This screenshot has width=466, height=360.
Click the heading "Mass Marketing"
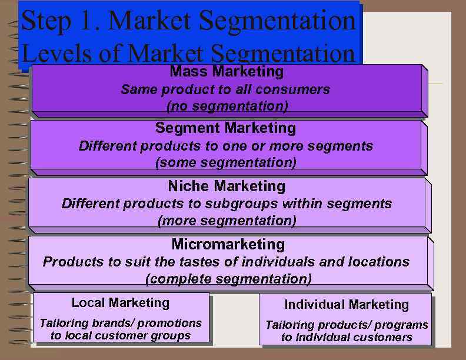click(x=227, y=72)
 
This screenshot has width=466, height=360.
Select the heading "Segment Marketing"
click(x=225, y=128)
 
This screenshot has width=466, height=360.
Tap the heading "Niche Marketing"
click(x=227, y=186)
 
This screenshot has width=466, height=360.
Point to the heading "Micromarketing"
click(x=228, y=244)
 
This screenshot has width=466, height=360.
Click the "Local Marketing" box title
click(x=121, y=303)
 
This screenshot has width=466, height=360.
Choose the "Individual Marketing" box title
click(x=347, y=305)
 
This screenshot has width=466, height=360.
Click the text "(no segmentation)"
click(x=227, y=106)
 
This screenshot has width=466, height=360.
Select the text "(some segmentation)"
click(x=225, y=162)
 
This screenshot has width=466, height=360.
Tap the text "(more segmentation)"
click(x=227, y=221)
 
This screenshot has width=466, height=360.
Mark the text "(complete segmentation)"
click(x=228, y=278)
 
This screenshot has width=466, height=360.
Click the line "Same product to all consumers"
click(x=225, y=90)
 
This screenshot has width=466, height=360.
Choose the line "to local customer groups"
click(x=121, y=336)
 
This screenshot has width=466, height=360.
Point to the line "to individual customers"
click(x=347, y=338)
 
